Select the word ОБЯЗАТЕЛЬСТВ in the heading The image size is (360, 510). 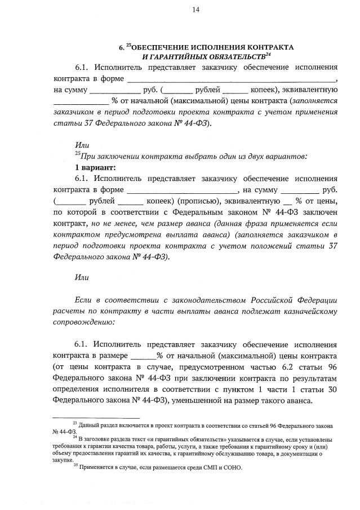(x=232, y=57)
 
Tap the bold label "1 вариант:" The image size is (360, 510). (x=95, y=167)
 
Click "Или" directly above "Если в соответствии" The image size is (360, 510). (x=82, y=277)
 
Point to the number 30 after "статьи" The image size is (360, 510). (x=331, y=389)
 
